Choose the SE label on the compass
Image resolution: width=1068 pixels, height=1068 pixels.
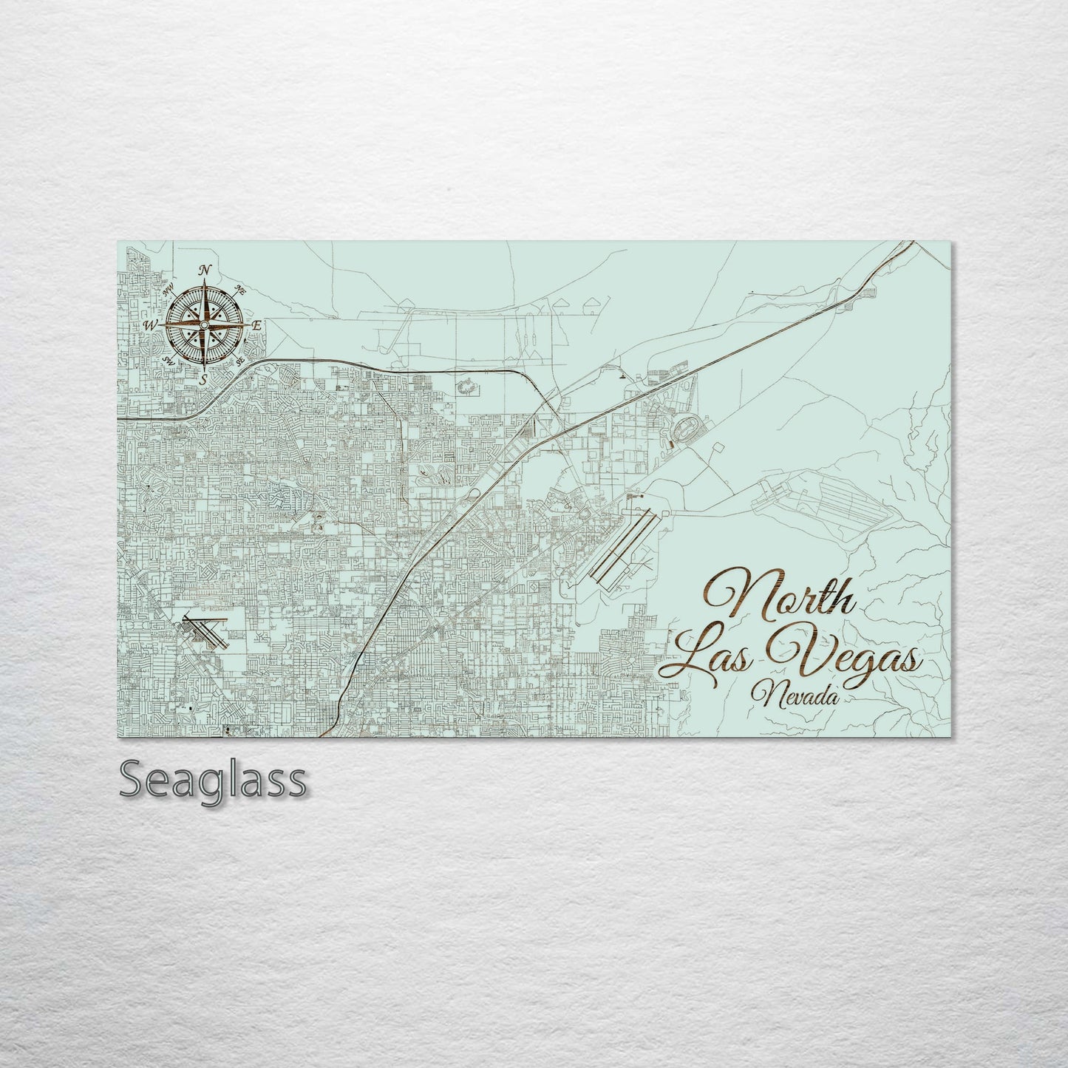(240, 360)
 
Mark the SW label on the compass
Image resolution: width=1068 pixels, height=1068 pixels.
(169, 361)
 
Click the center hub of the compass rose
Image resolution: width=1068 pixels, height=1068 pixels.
(204, 324)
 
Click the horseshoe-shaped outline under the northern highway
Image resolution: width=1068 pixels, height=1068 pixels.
(466, 385)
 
